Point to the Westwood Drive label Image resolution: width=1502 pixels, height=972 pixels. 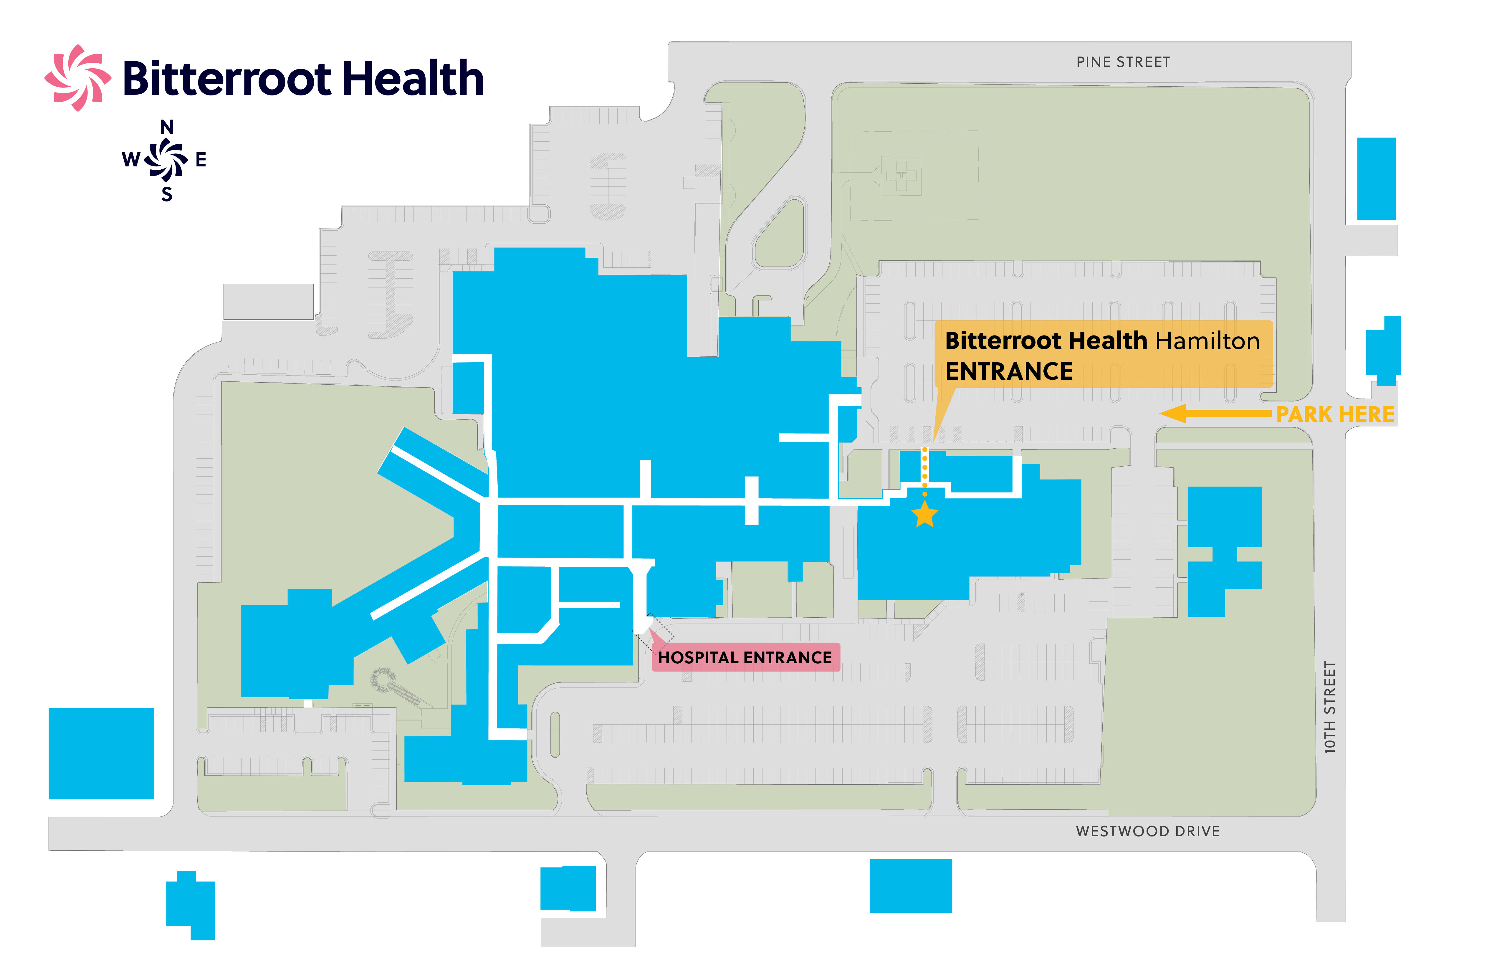coord(1147,831)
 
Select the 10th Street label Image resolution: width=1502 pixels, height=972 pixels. coord(1330,707)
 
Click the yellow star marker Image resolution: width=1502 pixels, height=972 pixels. coord(924,514)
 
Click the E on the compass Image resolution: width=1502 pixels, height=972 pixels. coord(201,160)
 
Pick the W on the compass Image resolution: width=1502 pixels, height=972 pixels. coord(131,160)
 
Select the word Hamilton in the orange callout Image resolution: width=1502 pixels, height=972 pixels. coord(1207,341)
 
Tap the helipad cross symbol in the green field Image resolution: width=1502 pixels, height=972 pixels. coord(901,176)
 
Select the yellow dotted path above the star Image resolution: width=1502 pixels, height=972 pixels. coord(924,470)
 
